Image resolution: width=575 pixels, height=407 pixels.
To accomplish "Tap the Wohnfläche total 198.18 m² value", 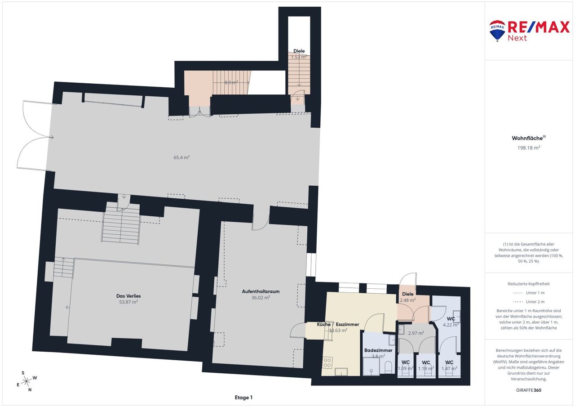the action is point(529,148).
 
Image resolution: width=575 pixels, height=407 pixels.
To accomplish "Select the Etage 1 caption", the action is point(243,398).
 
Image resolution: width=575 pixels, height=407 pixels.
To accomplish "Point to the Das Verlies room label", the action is point(128,296).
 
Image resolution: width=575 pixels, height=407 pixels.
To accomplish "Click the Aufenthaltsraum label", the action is point(261,291).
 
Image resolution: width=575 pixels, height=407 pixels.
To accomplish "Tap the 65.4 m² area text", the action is point(181,157).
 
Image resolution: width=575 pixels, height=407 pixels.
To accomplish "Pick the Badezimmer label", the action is point(378,350).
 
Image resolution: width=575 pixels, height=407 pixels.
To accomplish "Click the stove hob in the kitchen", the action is point(327,362).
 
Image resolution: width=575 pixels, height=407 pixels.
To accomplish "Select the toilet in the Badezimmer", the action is point(389,367).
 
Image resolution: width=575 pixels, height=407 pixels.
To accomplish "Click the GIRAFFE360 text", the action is point(529,390).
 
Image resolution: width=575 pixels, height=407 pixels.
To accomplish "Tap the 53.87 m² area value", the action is point(128,302).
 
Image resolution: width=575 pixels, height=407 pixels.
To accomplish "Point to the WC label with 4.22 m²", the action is point(451,319).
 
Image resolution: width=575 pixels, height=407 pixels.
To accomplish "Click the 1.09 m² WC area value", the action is point(406,368).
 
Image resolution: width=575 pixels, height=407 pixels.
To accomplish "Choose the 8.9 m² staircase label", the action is point(231,82).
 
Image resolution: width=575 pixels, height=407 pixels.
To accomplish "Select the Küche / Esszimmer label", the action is point(338,324).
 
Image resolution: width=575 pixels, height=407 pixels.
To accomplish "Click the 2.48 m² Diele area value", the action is point(407,300).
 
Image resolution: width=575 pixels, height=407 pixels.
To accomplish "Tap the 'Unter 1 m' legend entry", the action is point(535,293).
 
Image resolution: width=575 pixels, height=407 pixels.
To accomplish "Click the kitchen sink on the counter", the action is point(341,371).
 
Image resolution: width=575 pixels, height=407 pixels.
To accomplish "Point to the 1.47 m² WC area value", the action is point(449,368).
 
